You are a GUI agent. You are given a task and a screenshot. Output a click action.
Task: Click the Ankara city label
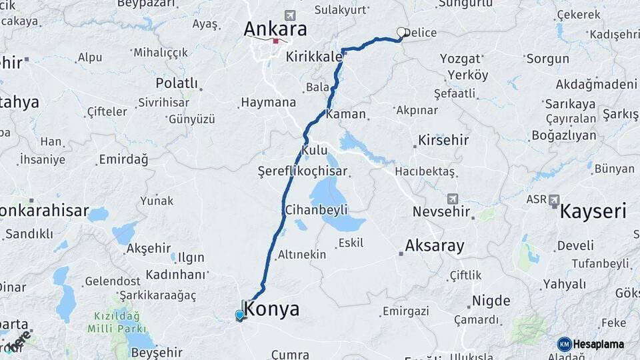point(275,29)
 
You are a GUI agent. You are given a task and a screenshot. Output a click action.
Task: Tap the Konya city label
point(272,309)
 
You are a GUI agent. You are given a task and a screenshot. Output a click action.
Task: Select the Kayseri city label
point(593,212)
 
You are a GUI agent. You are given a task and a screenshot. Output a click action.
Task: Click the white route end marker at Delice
point(402,31)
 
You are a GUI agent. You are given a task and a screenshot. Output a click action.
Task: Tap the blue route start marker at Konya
point(240,315)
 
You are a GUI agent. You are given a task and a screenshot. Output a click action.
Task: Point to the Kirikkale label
point(313,58)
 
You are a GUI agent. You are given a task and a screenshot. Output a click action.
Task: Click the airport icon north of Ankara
point(289,15)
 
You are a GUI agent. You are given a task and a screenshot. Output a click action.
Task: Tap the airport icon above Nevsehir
point(453,199)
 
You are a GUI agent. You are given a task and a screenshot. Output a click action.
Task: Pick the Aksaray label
point(434,245)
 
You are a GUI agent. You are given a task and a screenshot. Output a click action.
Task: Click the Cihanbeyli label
point(317,209)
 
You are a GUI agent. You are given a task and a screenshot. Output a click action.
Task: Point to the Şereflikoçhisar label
point(303,171)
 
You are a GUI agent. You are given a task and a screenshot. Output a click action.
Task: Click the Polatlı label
point(177,83)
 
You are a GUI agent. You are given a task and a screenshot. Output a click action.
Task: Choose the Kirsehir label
point(443,141)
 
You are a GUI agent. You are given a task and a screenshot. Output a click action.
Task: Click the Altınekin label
point(302,255)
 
